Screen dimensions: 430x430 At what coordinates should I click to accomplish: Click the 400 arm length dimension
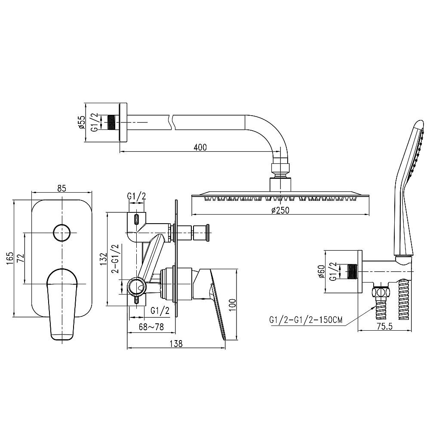[200, 147]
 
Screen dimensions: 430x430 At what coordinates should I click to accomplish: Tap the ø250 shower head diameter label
[280, 210]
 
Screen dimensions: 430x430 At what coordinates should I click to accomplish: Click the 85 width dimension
[62, 188]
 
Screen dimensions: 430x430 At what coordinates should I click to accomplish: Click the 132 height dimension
[103, 259]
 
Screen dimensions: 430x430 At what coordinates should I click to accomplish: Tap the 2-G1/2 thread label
[115, 259]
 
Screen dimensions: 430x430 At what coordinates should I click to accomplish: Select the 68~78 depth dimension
[151, 327]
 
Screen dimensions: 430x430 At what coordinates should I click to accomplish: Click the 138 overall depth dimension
[176, 343]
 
